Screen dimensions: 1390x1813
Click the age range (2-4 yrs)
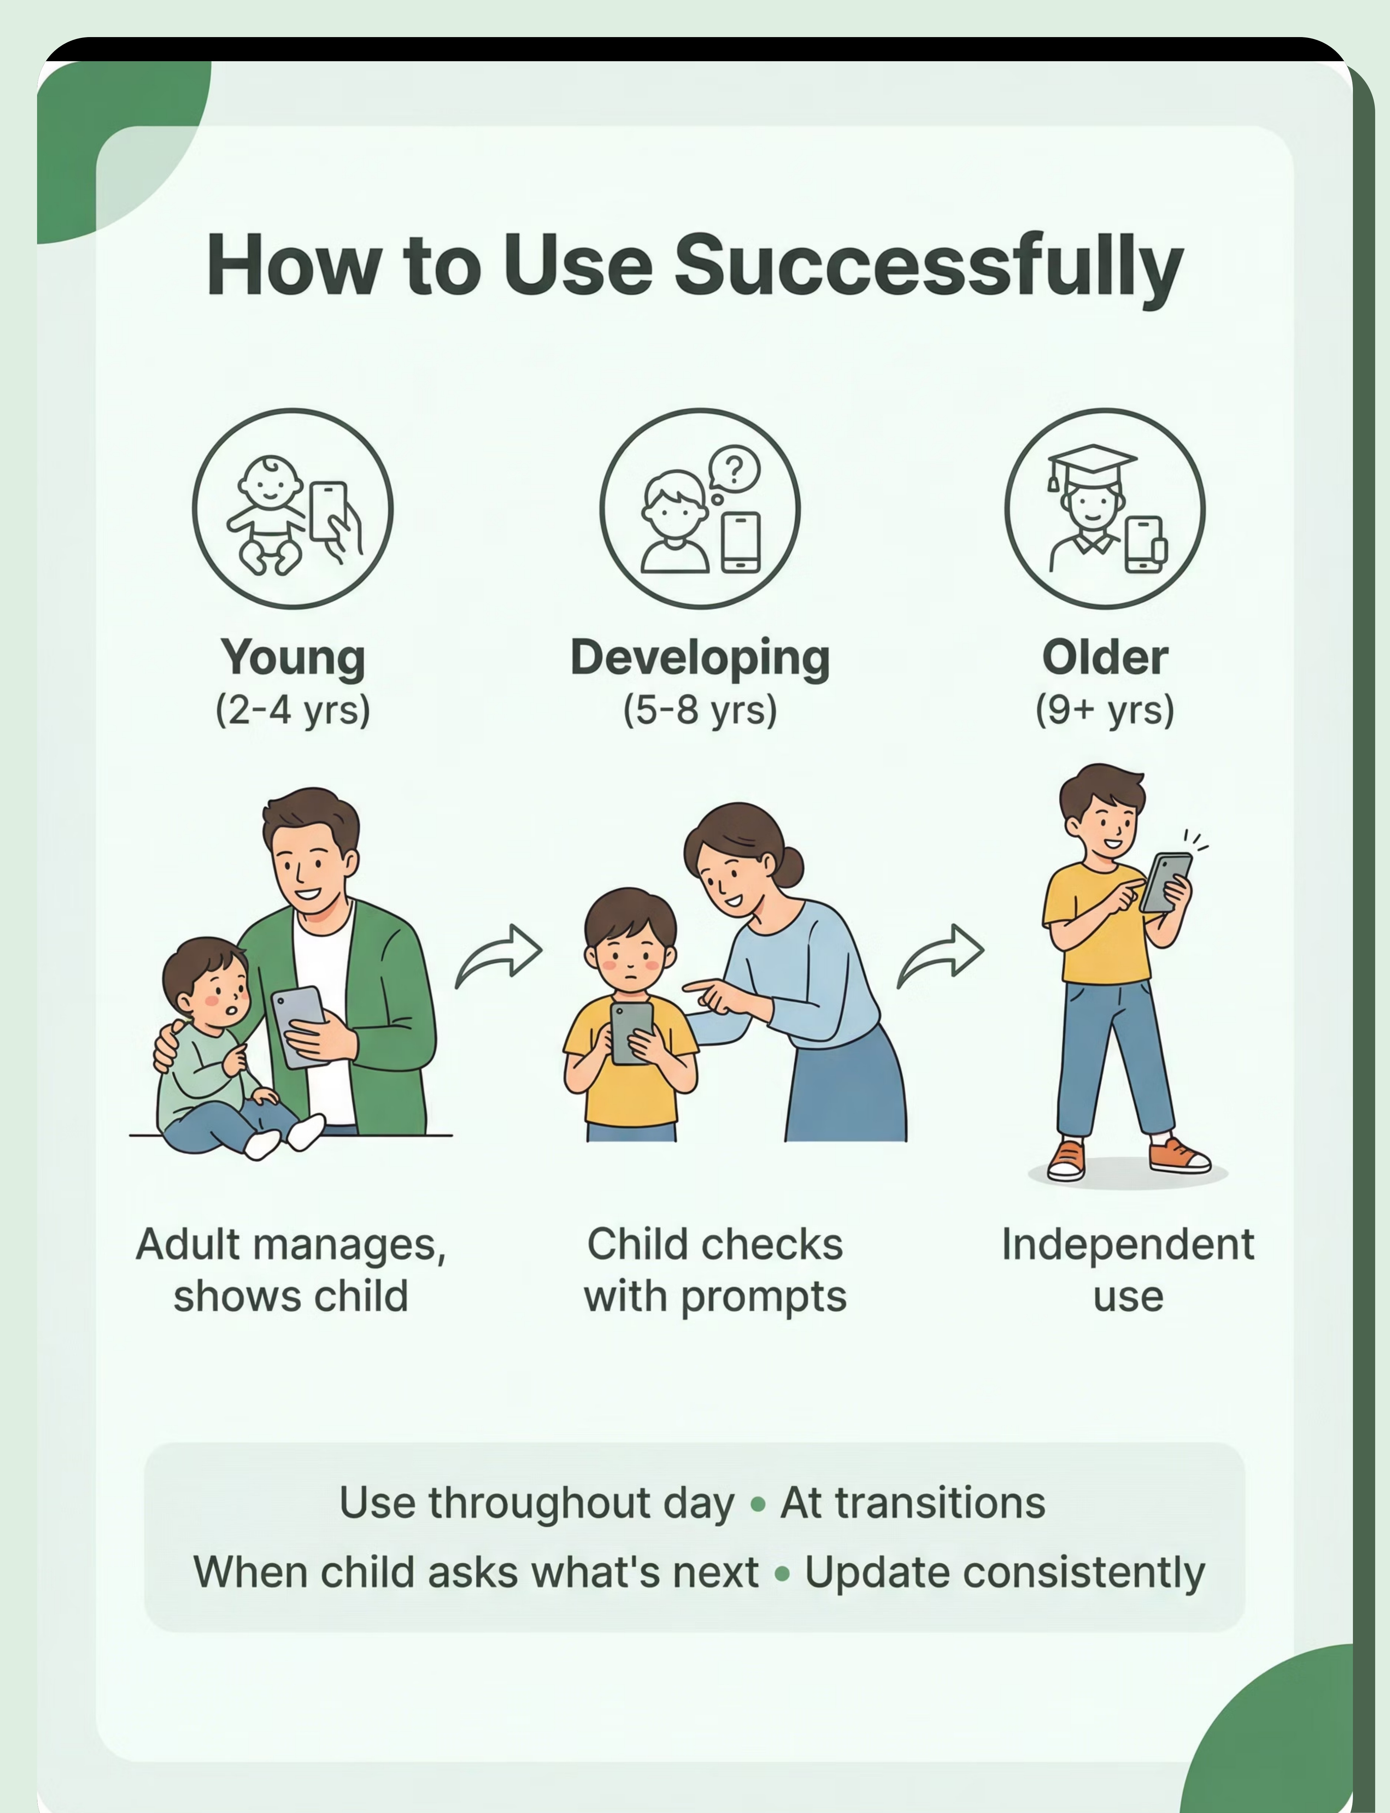pos(293,710)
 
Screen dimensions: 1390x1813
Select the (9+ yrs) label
pos(1105,710)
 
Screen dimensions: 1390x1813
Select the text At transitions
pos(913,1502)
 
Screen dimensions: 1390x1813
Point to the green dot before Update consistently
pos(782,1574)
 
